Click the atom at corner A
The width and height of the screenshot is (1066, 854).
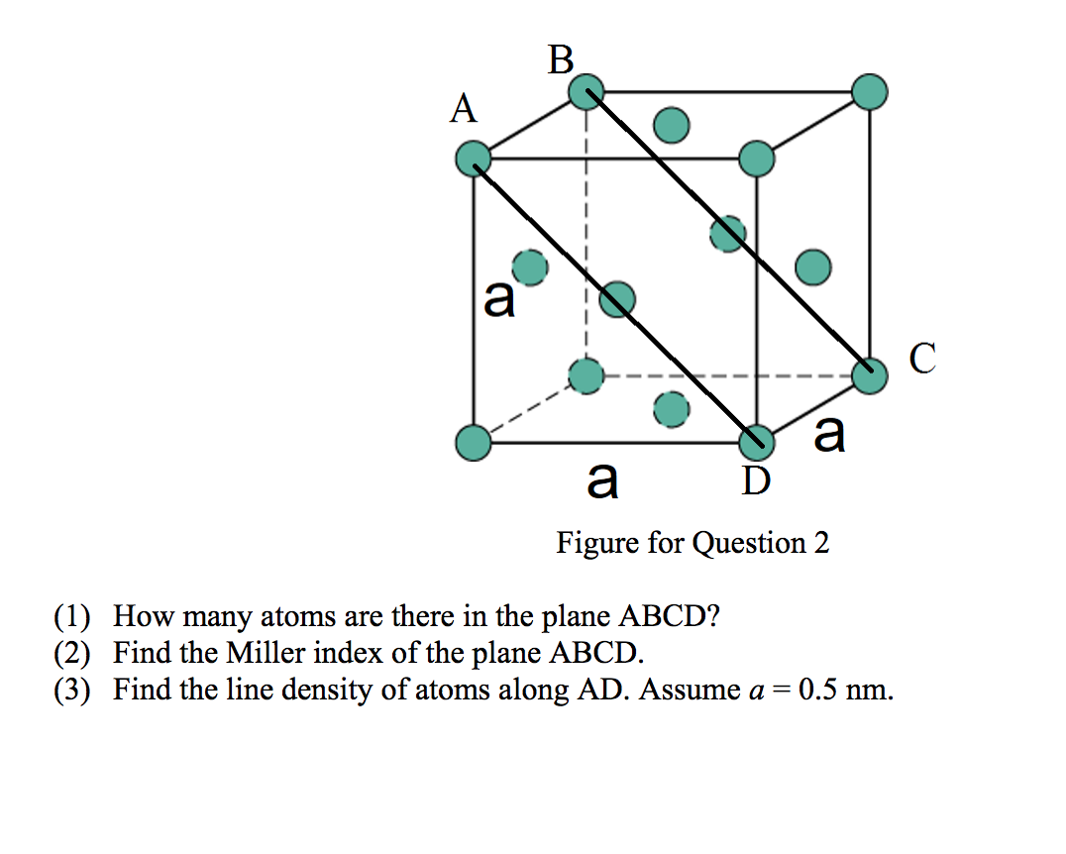tap(474, 159)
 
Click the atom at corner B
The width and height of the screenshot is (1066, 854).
tap(586, 92)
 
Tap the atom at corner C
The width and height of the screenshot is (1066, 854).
tap(870, 374)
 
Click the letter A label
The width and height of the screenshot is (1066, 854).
tap(463, 109)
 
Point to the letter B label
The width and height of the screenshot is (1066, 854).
tap(560, 60)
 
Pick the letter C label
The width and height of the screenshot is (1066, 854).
tap(921, 359)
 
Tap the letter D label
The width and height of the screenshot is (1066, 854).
tap(755, 481)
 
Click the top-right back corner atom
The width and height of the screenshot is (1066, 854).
tap(870, 92)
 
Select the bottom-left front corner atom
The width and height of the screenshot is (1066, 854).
tap(474, 442)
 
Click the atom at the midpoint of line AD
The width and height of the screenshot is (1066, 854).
tap(616, 298)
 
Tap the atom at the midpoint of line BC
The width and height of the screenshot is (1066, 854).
tap(728, 234)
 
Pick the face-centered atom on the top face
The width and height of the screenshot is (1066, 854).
tap(672, 126)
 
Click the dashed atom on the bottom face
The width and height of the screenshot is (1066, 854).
tap(672, 408)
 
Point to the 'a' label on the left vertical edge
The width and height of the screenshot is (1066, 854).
tap(499, 298)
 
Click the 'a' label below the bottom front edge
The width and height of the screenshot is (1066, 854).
tap(602, 481)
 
